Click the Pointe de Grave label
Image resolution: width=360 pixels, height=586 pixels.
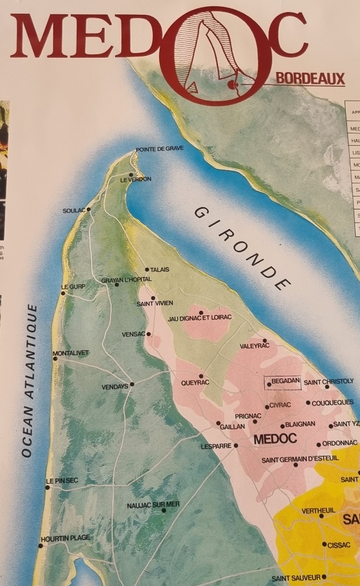click(160, 149)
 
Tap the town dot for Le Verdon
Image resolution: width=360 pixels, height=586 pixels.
click(131, 175)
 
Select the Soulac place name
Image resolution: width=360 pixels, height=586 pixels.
click(73, 211)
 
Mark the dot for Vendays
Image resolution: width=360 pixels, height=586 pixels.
click(132, 384)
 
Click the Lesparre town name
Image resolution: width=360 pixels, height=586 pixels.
click(216, 446)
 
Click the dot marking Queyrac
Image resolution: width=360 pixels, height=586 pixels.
click(201, 376)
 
